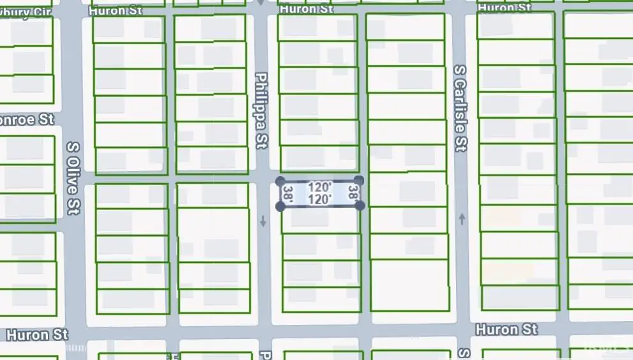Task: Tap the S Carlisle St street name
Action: (x=459, y=107)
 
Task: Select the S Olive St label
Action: (x=73, y=177)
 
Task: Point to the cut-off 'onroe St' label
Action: (x=27, y=119)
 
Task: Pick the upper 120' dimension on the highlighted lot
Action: (x=319, y=188)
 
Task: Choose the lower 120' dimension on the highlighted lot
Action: (x=319, y=199)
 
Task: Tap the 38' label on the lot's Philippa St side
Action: (x=288, y=193)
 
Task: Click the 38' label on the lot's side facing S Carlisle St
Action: (x=352, y=193)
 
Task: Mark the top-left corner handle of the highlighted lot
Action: (x=280, y=181)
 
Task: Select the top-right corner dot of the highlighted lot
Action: (x=359, y=181)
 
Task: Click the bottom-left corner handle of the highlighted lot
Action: (x=280, y=206)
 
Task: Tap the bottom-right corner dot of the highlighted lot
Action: (x=360, y=206)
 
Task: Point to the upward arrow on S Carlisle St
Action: (x=462, y=219)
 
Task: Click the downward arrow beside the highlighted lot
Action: (x=263, y=221)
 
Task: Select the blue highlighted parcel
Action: (x=319, y=193)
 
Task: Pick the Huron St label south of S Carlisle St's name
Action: (x=506, y=329)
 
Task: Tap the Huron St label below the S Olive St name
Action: (x=36, y=334)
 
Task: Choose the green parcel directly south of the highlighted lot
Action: (x=320, y=220)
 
